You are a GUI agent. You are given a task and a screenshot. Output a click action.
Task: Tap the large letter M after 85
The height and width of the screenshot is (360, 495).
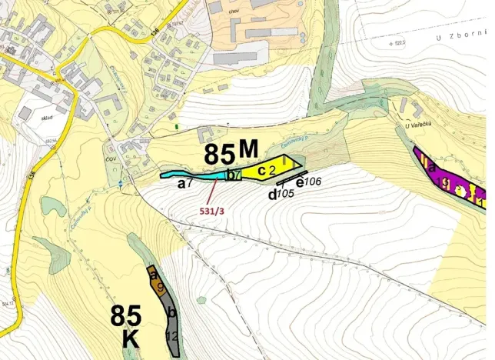248,149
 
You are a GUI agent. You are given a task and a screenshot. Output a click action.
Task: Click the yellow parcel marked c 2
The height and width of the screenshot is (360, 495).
271,168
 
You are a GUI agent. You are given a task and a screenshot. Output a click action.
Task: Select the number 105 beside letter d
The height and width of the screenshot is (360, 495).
286,194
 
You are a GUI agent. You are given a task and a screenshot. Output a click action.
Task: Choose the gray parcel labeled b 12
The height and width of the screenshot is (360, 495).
172,327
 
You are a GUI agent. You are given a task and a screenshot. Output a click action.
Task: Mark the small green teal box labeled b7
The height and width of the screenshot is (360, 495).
233,175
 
